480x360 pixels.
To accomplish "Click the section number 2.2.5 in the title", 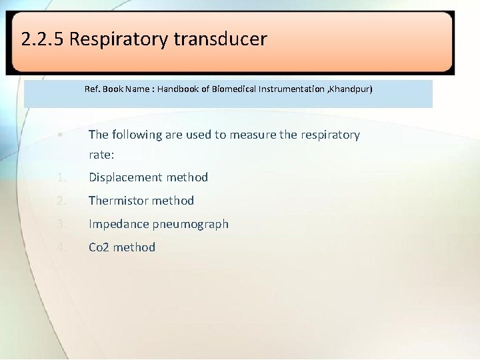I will (x=43, y=39).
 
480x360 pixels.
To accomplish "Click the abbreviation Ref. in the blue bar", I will (x=93, y=89).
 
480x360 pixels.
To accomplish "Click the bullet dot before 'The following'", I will (x=60, y=135).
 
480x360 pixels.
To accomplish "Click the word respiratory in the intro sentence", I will (x=329, y=135).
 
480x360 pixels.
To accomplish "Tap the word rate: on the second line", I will (x=101, y=155).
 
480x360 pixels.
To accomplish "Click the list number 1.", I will (x=61, y=177).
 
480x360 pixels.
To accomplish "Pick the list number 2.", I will (x=61, y=201).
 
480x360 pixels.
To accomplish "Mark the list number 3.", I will (x=61, y=224).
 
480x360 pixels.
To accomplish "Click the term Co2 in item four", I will (x=99, y=247).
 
